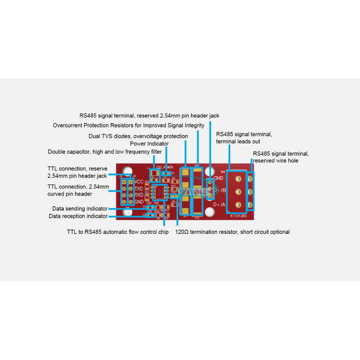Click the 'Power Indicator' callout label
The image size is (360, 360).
pos(149,144)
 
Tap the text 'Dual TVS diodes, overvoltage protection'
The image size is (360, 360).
pos(138,136)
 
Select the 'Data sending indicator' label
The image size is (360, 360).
pos(80,209)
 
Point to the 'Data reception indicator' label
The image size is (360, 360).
pos(78,216)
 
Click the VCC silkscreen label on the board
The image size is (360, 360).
pos(139,182)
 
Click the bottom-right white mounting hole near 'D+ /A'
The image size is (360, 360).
pos(210,212)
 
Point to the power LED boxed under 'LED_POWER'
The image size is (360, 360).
pos(167,173)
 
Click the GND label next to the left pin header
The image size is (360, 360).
pos(139,202)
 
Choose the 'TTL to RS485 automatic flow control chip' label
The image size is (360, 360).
pos(117,232)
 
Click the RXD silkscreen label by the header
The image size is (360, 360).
pos(139,195)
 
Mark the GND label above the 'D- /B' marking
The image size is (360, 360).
pos(218,178)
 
